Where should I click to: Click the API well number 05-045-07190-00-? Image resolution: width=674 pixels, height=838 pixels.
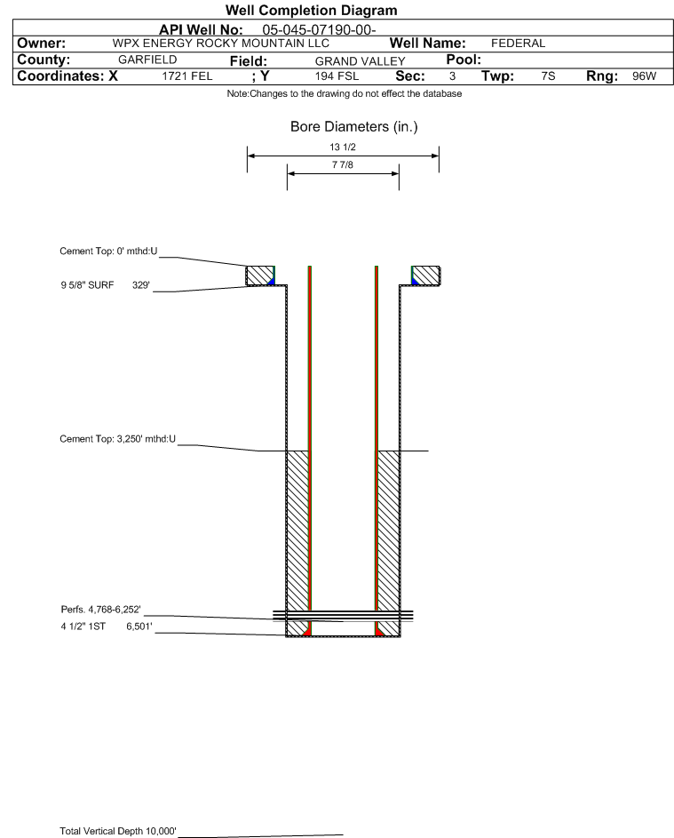pyautogui.click(x=319, y=30)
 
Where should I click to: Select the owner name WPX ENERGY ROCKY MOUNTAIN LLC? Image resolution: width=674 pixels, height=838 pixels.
pyautogui.click(x=220, y=44)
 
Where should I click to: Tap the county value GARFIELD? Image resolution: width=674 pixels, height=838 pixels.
pyautogui.click(x=147, y=60)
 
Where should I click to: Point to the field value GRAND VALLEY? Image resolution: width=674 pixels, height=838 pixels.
pyautogui.click(x=360, y=61)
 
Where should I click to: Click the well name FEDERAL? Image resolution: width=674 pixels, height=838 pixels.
pyautogui.click(x=518, y=44)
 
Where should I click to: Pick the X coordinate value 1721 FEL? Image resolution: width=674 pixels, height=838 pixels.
pyautogui.click(x=186, y=76)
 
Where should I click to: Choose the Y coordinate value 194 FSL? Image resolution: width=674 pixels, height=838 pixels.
pyautogui.click(x=337, y=76)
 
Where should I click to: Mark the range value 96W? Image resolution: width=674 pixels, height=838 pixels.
pyautogui.click(x=644, y=76)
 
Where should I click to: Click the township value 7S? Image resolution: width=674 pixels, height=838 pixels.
pyautogui.click(x=548, y=76)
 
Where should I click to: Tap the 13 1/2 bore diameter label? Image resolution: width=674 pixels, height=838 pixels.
pyautogui.click(x=343, y=147)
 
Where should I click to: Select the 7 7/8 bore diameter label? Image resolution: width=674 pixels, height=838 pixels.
pyautogui.click(x=343, y=164)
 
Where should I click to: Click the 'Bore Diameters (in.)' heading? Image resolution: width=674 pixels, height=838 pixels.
pyautogui.click(x=354, y=127)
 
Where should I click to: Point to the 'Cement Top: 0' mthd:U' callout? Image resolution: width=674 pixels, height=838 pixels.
pyautogui.click(x=108, y=251)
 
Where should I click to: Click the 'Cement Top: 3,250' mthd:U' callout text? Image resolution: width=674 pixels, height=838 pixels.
pyautogui.click(x=117, y=439)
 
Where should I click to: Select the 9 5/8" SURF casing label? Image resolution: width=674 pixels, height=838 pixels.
pyautogui.click(x=87, y=285)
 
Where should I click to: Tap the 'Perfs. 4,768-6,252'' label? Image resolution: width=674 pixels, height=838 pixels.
pyautogui.click(x=101, y=610)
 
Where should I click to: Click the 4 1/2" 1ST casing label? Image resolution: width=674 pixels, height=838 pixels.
pyautogui.click(x=83, y=627)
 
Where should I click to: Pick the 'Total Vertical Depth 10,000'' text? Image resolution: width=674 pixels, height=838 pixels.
pyautogui.click(x=118, y=831)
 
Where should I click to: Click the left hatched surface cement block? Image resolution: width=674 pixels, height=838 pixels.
pyautogui.click(x=259, y=275)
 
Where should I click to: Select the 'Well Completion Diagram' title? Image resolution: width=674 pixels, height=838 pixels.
pyautogui.click(x=312, y=10)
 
